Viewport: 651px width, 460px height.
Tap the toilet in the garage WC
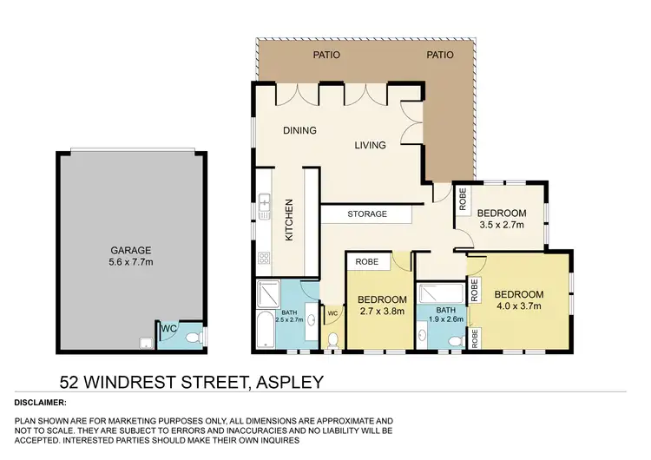click(x=199, y=337)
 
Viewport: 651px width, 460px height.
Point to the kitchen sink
click(x=264, y=209)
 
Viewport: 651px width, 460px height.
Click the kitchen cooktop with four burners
click(x=264, y=257)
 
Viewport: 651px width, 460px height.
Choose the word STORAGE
click(x=367, y=214)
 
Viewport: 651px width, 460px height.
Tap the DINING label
click(x=299, y=131)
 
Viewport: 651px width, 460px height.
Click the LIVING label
click(x=370, y=145)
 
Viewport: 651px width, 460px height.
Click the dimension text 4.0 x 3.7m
click(x=520, y=306)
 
